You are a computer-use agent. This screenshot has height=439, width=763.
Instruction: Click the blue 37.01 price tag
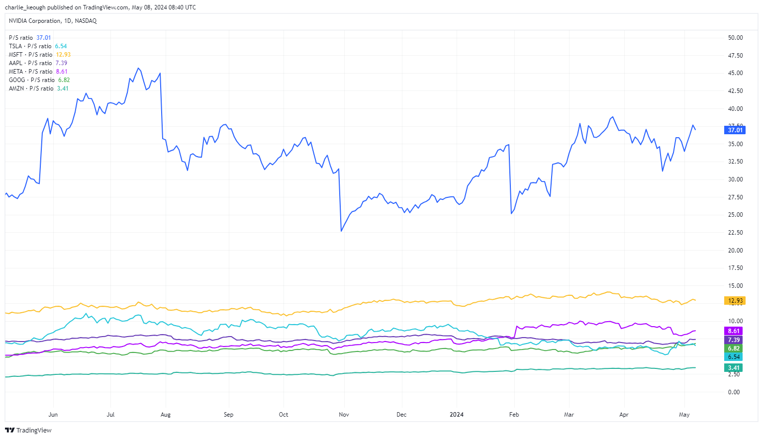click(735, 130)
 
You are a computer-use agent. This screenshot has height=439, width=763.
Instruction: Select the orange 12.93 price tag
click(735, 301)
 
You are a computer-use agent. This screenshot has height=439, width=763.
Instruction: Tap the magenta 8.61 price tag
click(734, 331)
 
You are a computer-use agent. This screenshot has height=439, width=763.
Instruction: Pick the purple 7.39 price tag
click(734, 340)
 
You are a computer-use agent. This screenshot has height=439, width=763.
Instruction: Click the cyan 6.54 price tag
click(734, 357)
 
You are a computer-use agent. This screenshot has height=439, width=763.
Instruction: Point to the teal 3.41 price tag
click(734, 368)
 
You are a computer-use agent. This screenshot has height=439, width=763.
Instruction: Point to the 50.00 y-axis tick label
click(735, 38)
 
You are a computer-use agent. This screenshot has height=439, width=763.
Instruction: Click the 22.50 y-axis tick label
click(735, 233)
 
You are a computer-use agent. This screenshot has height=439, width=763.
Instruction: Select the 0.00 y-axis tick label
click(734, 392)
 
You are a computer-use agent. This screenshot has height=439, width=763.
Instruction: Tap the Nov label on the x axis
click(344, 415)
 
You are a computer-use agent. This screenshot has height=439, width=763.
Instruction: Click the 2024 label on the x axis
click(457, 415)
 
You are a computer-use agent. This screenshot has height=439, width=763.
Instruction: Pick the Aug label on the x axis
click(166, 415)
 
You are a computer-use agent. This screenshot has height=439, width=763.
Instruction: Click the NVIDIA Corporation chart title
click(53, 21)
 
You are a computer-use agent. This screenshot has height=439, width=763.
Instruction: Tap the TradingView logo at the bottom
click(28, 431)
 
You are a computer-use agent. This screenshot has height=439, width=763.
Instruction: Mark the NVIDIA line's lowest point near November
click(341, 231)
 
